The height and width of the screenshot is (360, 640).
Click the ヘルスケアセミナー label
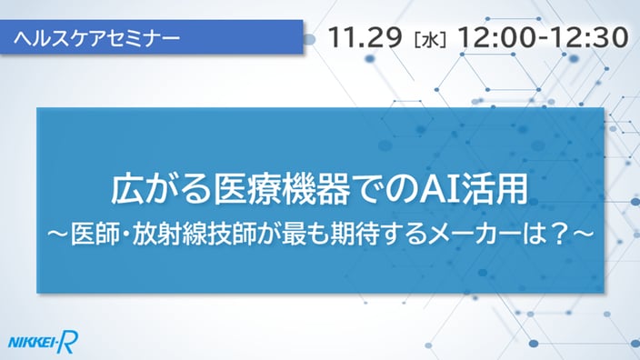(96, 38)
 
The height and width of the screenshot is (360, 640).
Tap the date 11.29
(365, 37)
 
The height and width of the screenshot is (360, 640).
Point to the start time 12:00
(496, 37)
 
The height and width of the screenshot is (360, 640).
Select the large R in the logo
(67, 342)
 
